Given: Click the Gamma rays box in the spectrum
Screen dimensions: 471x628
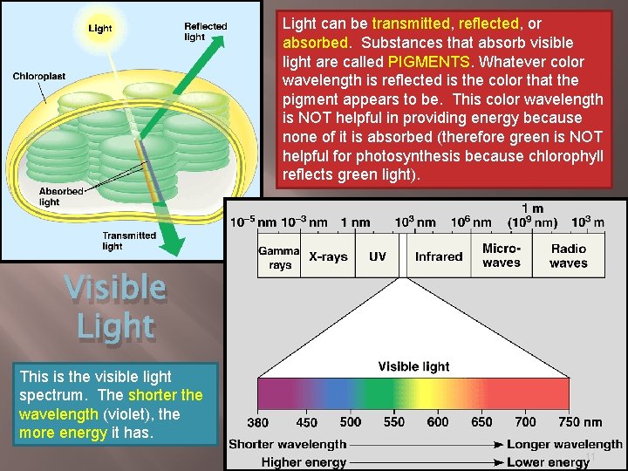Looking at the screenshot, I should point(278,256).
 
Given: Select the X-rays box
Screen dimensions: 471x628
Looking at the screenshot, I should point(328,256).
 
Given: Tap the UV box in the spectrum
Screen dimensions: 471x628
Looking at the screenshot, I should point(377,256).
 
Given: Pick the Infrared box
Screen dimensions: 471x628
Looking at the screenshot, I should point(438,256).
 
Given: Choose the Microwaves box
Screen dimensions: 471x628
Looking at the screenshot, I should point(502,256).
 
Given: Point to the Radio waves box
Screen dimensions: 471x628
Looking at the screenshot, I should point(569,256).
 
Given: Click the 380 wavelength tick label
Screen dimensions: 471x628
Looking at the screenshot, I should point(257,422).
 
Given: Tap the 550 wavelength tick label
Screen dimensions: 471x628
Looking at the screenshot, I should point(394,422).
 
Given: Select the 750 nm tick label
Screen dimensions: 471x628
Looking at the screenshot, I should point(580,422).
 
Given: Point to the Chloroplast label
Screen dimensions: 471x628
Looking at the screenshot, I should point(38,77).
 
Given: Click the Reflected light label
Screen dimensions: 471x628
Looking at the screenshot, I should point(206,31).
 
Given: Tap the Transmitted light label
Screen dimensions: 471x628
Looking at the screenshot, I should point(129,241).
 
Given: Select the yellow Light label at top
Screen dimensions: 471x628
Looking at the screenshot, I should point(100,29).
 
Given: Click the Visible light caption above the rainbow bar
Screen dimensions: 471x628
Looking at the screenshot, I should point(413,366).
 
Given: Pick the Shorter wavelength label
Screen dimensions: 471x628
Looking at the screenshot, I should point(287,445).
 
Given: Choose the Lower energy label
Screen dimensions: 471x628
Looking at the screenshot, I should point(548,462).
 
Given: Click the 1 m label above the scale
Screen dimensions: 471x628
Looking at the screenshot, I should point(532,208).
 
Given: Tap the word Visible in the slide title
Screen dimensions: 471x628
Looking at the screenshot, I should point(115,287).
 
